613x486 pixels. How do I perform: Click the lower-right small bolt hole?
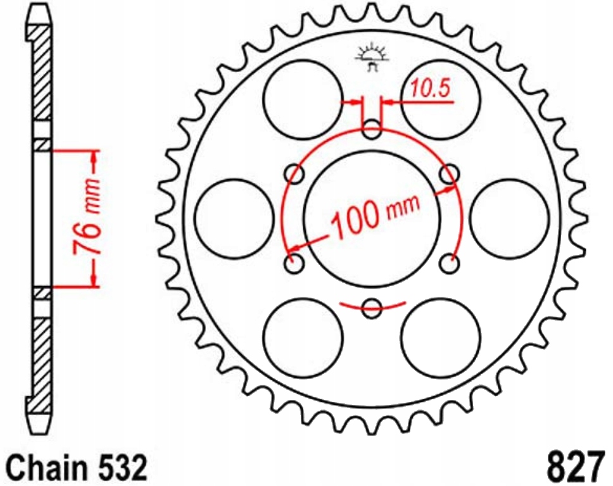tap(449, 263)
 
